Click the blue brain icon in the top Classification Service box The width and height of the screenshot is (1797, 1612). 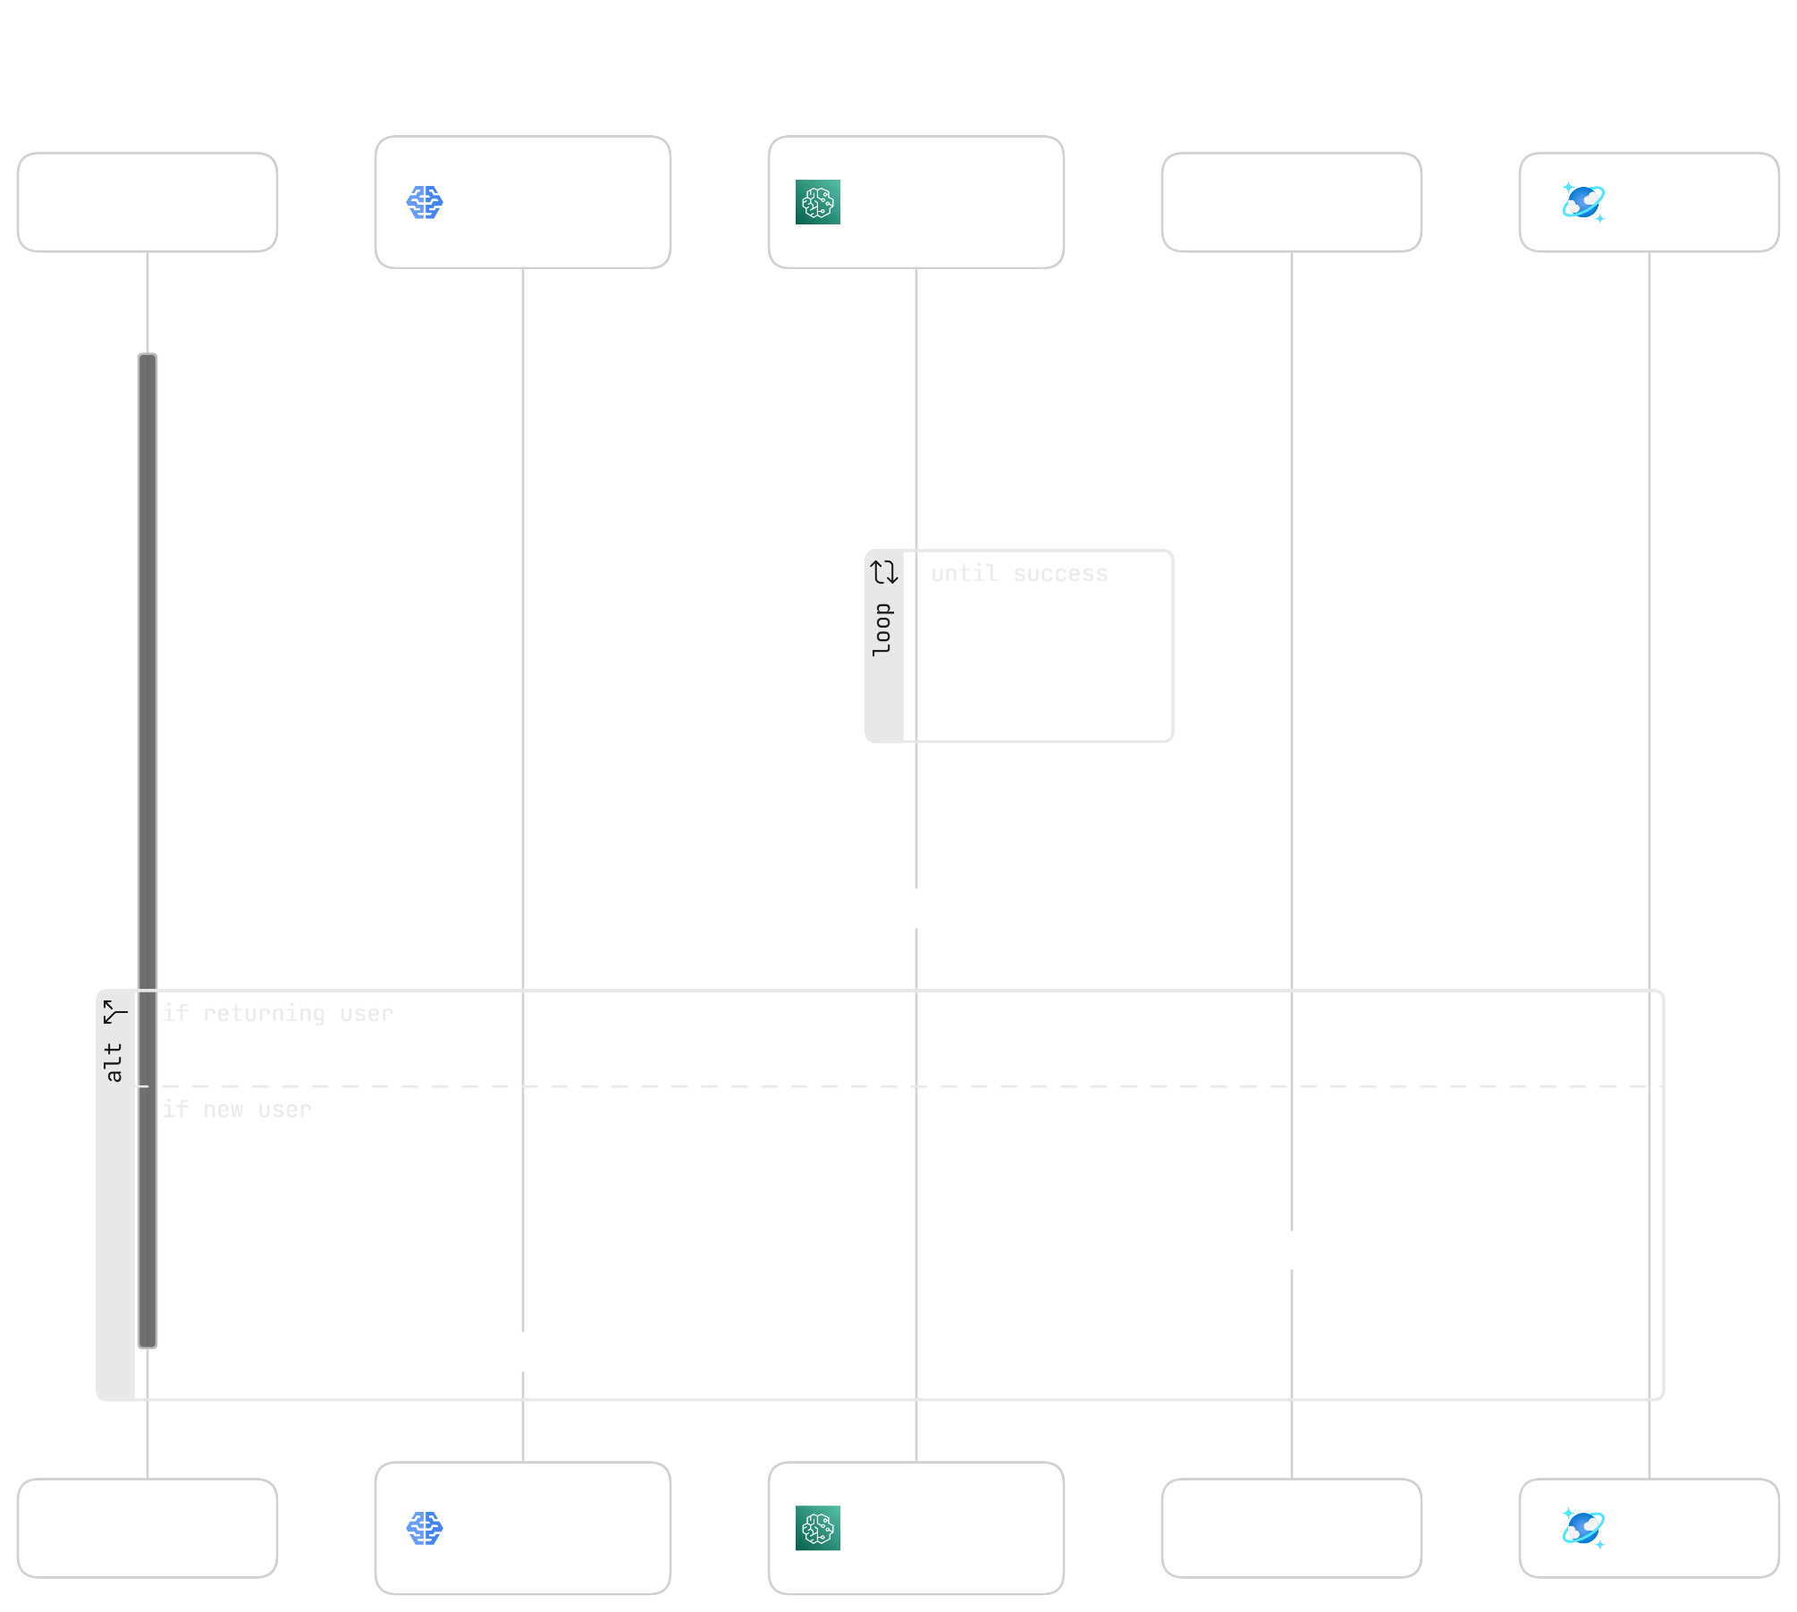click(425, 203)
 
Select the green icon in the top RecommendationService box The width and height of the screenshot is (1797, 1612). click(818, 202)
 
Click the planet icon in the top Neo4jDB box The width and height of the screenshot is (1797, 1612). click(1583, 202)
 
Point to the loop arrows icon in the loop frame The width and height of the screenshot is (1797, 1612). click(885, 572)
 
